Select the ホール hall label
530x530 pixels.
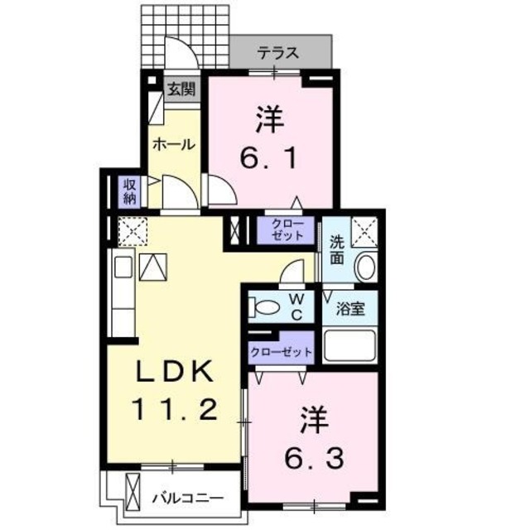pos(172,144)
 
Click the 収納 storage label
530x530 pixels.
pos(130,190)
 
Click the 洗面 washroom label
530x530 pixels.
pos(337,249)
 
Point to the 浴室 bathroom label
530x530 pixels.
pos(351,310)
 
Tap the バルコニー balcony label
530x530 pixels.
pos(187,499)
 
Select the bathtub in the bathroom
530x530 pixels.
pos(351,345)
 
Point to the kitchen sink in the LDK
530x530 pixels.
pos(123,268)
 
